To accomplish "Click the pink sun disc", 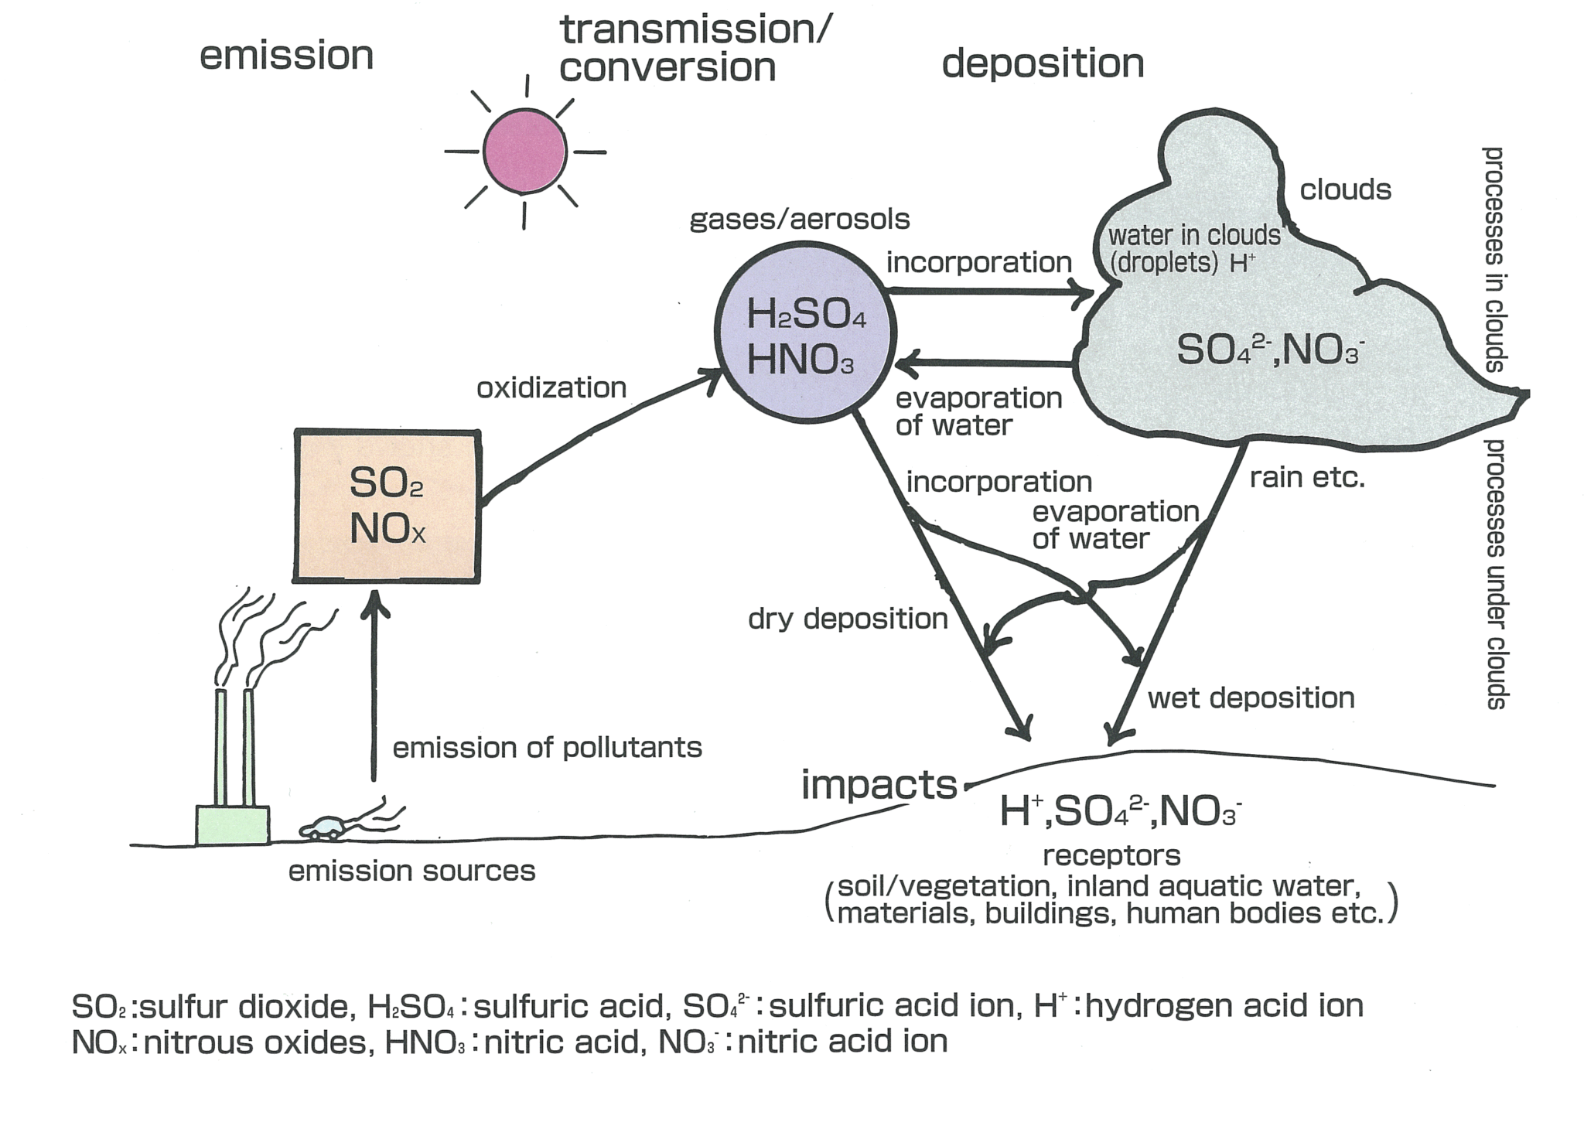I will (x=524, y=152).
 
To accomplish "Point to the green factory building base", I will (x=232, y=825).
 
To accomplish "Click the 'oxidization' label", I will (x=551, y=387).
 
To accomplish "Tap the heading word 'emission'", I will (x=287, y=56).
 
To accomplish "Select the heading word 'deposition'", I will (x=1043, y=63).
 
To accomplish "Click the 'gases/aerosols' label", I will (x=800, y=220).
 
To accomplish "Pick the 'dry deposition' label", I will (x=848, y=619).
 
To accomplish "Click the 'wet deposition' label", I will (x=1251, y=698).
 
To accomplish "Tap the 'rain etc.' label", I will (x=1307, y=479).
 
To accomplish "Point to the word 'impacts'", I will (x=879, y=785).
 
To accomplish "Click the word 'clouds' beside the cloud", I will (x=1345, y=189).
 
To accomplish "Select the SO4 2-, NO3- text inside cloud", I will (x=1268, y=350).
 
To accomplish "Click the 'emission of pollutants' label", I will (x=548, y=748).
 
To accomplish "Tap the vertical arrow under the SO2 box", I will (x=374, y=688).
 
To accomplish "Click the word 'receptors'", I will (x=1111, y=855).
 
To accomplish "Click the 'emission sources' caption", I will (x=411, y=872).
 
